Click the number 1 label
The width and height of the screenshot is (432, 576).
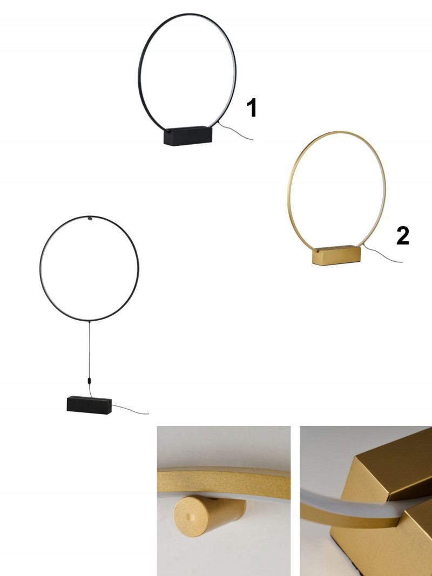pos(252,107)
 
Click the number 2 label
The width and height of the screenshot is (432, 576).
pos(403,235)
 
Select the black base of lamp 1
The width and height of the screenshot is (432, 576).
pos(188,136)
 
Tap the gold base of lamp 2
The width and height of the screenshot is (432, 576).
pos(336,255)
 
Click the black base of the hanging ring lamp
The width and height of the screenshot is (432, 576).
pos(89,405)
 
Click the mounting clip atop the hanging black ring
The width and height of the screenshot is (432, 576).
pos(90,219)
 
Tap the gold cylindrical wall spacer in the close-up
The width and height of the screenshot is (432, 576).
pos(208,514)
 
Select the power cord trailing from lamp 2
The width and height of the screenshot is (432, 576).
pos(382,255)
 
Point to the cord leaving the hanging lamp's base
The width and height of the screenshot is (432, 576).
pos(130,410)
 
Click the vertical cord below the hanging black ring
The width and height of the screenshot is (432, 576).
pos(89,349)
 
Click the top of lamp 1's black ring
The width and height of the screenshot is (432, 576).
pos(188,15)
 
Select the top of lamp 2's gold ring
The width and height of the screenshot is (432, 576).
pos(337,132)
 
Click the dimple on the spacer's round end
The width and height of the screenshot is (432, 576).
pos(191,517)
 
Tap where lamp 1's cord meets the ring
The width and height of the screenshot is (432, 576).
pos(218,122)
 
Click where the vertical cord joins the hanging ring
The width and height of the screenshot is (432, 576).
pos(89,321)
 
